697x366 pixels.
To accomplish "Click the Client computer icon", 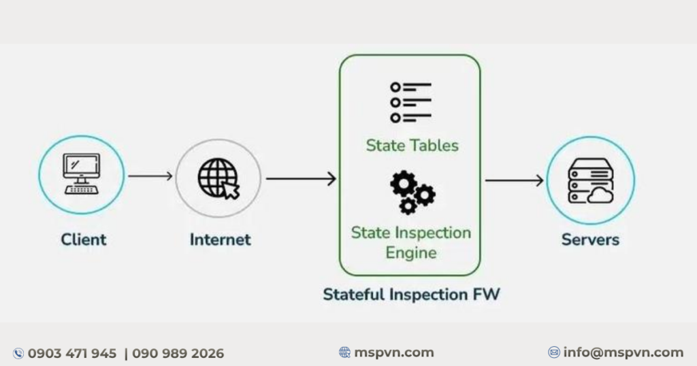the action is pos(82,173).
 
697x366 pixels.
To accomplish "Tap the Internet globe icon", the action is pos(218,178).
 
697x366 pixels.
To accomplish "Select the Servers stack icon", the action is pos(591,181).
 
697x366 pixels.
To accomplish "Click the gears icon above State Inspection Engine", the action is pos(412,193).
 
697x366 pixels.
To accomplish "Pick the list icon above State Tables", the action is pos(410,102).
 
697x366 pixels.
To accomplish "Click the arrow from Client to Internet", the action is pos(150,176).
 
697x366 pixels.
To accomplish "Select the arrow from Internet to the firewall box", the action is pos(301,178).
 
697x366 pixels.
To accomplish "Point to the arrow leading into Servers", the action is pos(515,180).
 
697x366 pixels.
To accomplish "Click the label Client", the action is pos(84,239).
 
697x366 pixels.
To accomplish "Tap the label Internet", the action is pos(220,239).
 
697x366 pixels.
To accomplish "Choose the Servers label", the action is pos(590,239).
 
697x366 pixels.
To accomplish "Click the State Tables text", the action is pos(412,146).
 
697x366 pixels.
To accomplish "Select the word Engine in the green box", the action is pos(410,253).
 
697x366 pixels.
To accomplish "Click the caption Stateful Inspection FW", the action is pos(411,294).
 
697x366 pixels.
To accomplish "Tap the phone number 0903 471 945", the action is pos(72,354).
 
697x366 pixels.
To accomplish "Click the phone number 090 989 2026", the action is pos(178,354).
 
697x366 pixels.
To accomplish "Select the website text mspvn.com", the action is pos(394,352).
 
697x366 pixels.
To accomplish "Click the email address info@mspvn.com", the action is pos(623,352).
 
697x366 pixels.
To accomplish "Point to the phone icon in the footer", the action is pos(18,354).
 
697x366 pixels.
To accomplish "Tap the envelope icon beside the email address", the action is pos(554,352).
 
